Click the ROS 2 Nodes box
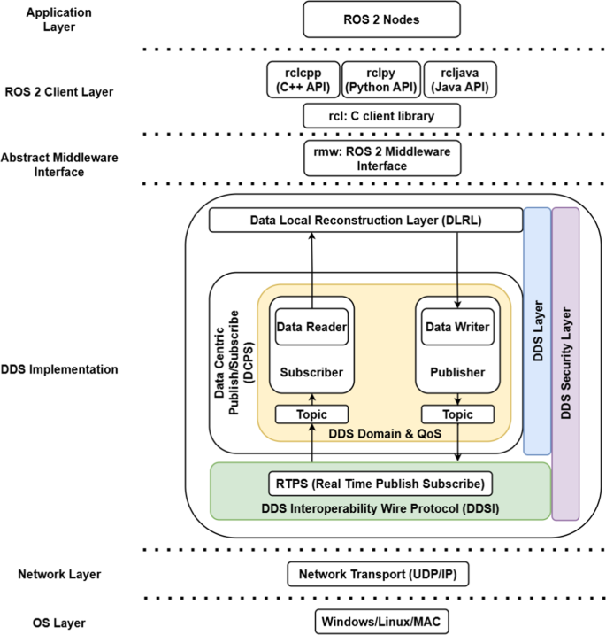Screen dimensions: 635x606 coord(381,19)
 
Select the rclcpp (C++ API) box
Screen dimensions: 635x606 coord(301,80)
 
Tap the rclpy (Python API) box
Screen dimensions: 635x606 coord(380,80)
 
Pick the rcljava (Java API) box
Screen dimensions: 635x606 coord(459,80)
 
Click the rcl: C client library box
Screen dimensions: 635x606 coord(381,115)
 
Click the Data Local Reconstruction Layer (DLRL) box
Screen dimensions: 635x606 coord(364,221)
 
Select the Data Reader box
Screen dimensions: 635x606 coord(311,327)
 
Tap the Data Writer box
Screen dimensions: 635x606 coord(456,327)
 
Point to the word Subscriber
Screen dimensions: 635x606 coord(311,373)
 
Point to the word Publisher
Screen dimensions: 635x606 coord(456,373)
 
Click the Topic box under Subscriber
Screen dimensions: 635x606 coord(311,414)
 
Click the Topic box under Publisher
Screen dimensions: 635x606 coord(456,414)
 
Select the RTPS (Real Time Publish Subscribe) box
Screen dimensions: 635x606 coord(380,484)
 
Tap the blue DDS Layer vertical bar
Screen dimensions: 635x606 coord(536,331)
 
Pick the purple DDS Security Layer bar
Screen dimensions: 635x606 coord(565,363)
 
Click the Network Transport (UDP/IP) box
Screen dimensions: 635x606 coord(378,575)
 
